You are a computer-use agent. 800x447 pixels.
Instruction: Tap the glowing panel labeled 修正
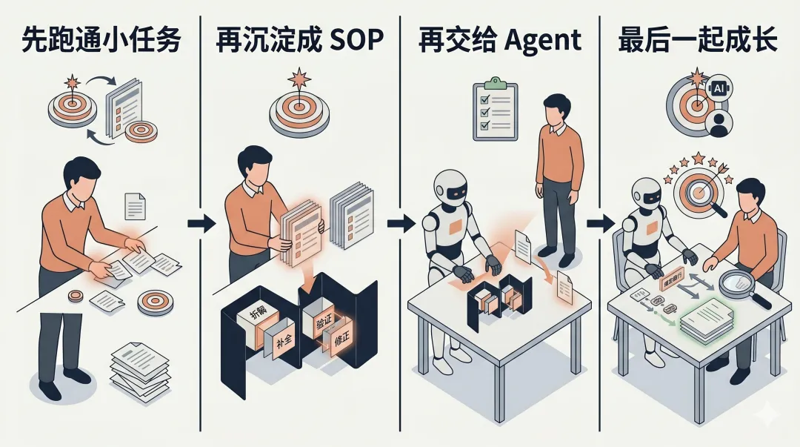coord(341,344)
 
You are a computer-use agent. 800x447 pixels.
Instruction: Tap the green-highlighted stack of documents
coord(706,320)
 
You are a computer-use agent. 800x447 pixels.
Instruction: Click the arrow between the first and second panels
coord(201,223)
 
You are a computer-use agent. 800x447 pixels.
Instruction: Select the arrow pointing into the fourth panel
coord(598,223)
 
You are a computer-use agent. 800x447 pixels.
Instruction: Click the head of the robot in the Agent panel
coord(450,188)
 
